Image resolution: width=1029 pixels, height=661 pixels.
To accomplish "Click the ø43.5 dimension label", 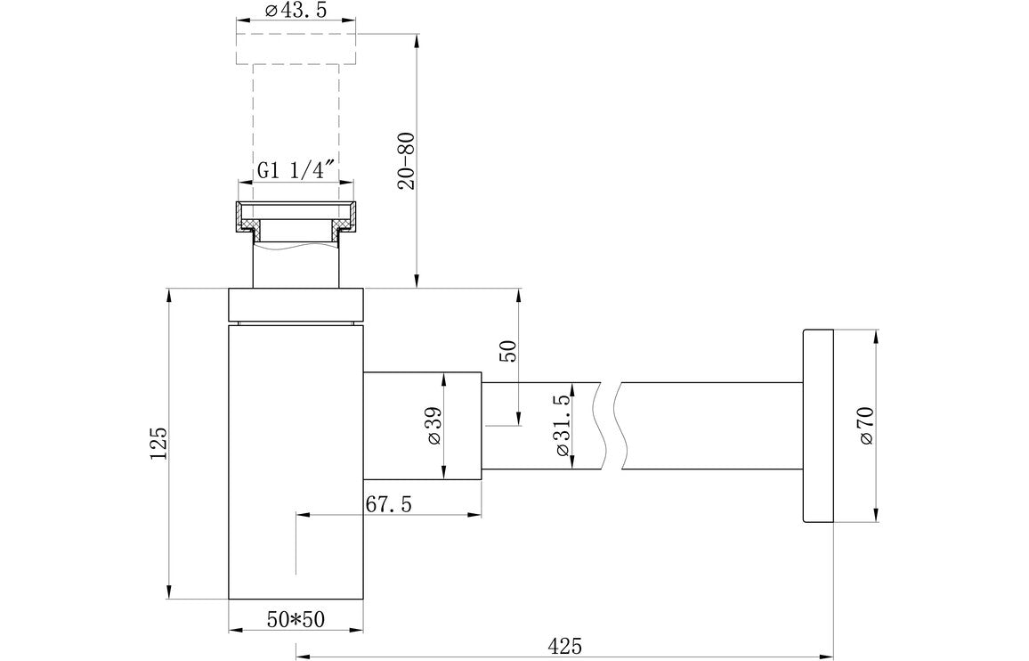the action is tap(296, 12).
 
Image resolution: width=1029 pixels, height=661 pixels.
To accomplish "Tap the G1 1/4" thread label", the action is tap(296, 171).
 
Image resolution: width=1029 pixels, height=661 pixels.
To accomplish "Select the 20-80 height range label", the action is tap(407, 161).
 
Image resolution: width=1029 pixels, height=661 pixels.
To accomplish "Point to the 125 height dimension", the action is tap(159, 444).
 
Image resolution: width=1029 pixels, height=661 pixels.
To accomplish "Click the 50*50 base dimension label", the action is tap(296, 619).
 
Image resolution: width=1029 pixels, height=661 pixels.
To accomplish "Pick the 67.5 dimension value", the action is tap(388, 504).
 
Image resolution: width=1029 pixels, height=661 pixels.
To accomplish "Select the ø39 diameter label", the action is tap(434, 426).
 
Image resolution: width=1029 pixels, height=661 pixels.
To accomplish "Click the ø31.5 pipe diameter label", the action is tap(562, 426).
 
